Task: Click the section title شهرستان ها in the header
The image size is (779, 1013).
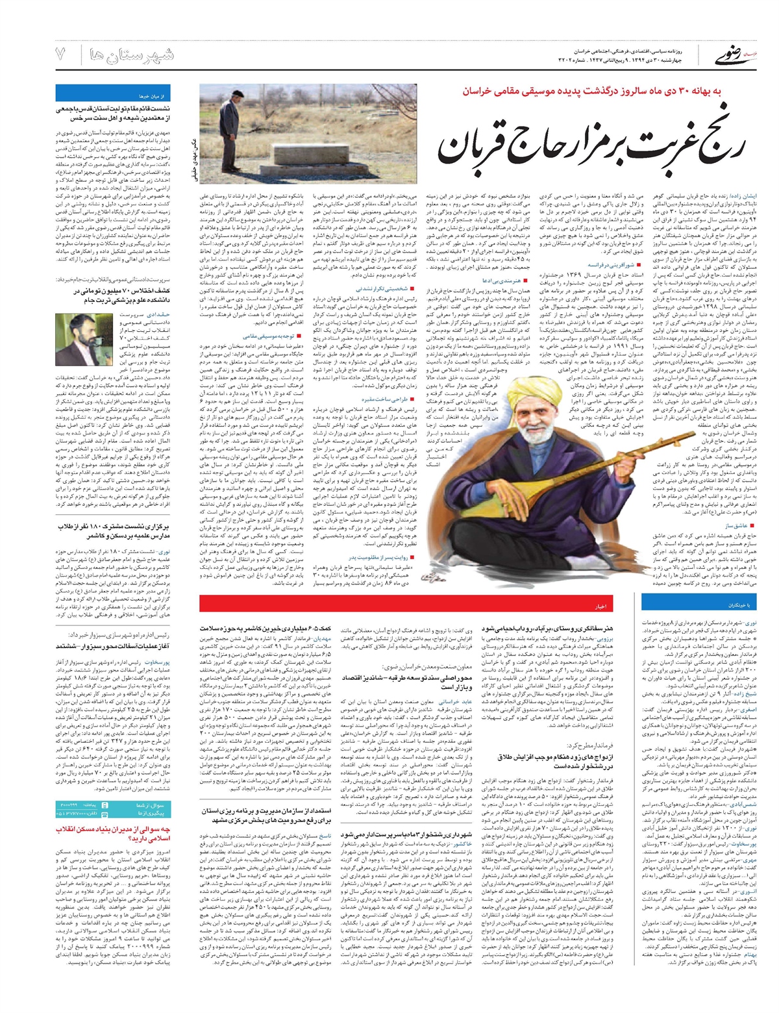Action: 132,55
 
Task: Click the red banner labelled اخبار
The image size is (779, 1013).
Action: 601,606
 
